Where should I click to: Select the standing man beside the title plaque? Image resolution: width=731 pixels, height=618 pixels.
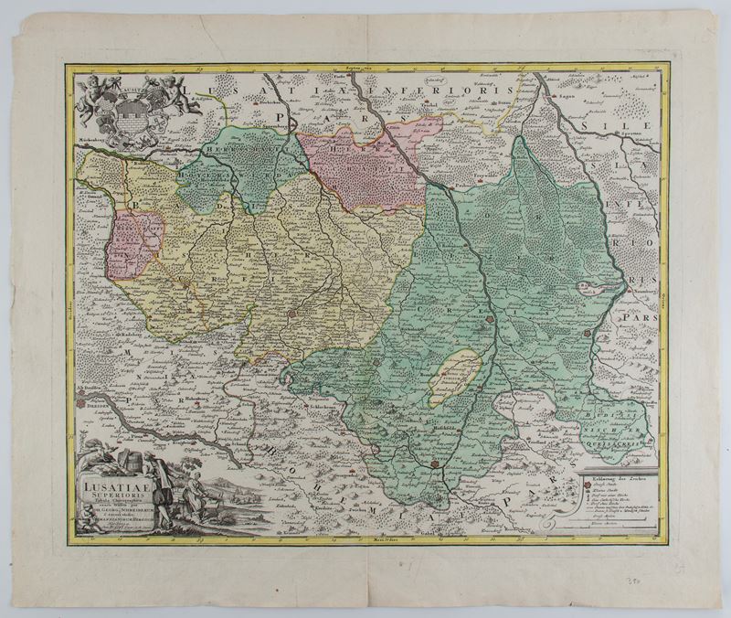point(155,485)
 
